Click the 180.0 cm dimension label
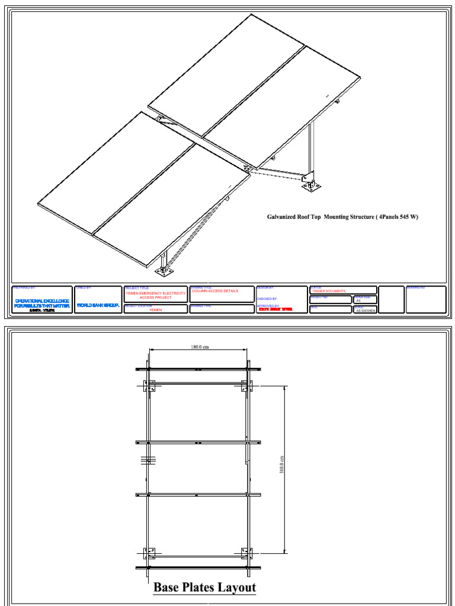point(200,347)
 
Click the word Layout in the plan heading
point(236,588)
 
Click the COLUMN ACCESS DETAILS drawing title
point(215,291)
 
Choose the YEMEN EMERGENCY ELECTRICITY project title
point(155,293)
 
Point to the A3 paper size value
point(358,301)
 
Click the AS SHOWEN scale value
point(366,310)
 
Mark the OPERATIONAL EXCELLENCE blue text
point(41,301)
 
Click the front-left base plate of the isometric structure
point(164,271)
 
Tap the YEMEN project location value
point(155,310)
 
